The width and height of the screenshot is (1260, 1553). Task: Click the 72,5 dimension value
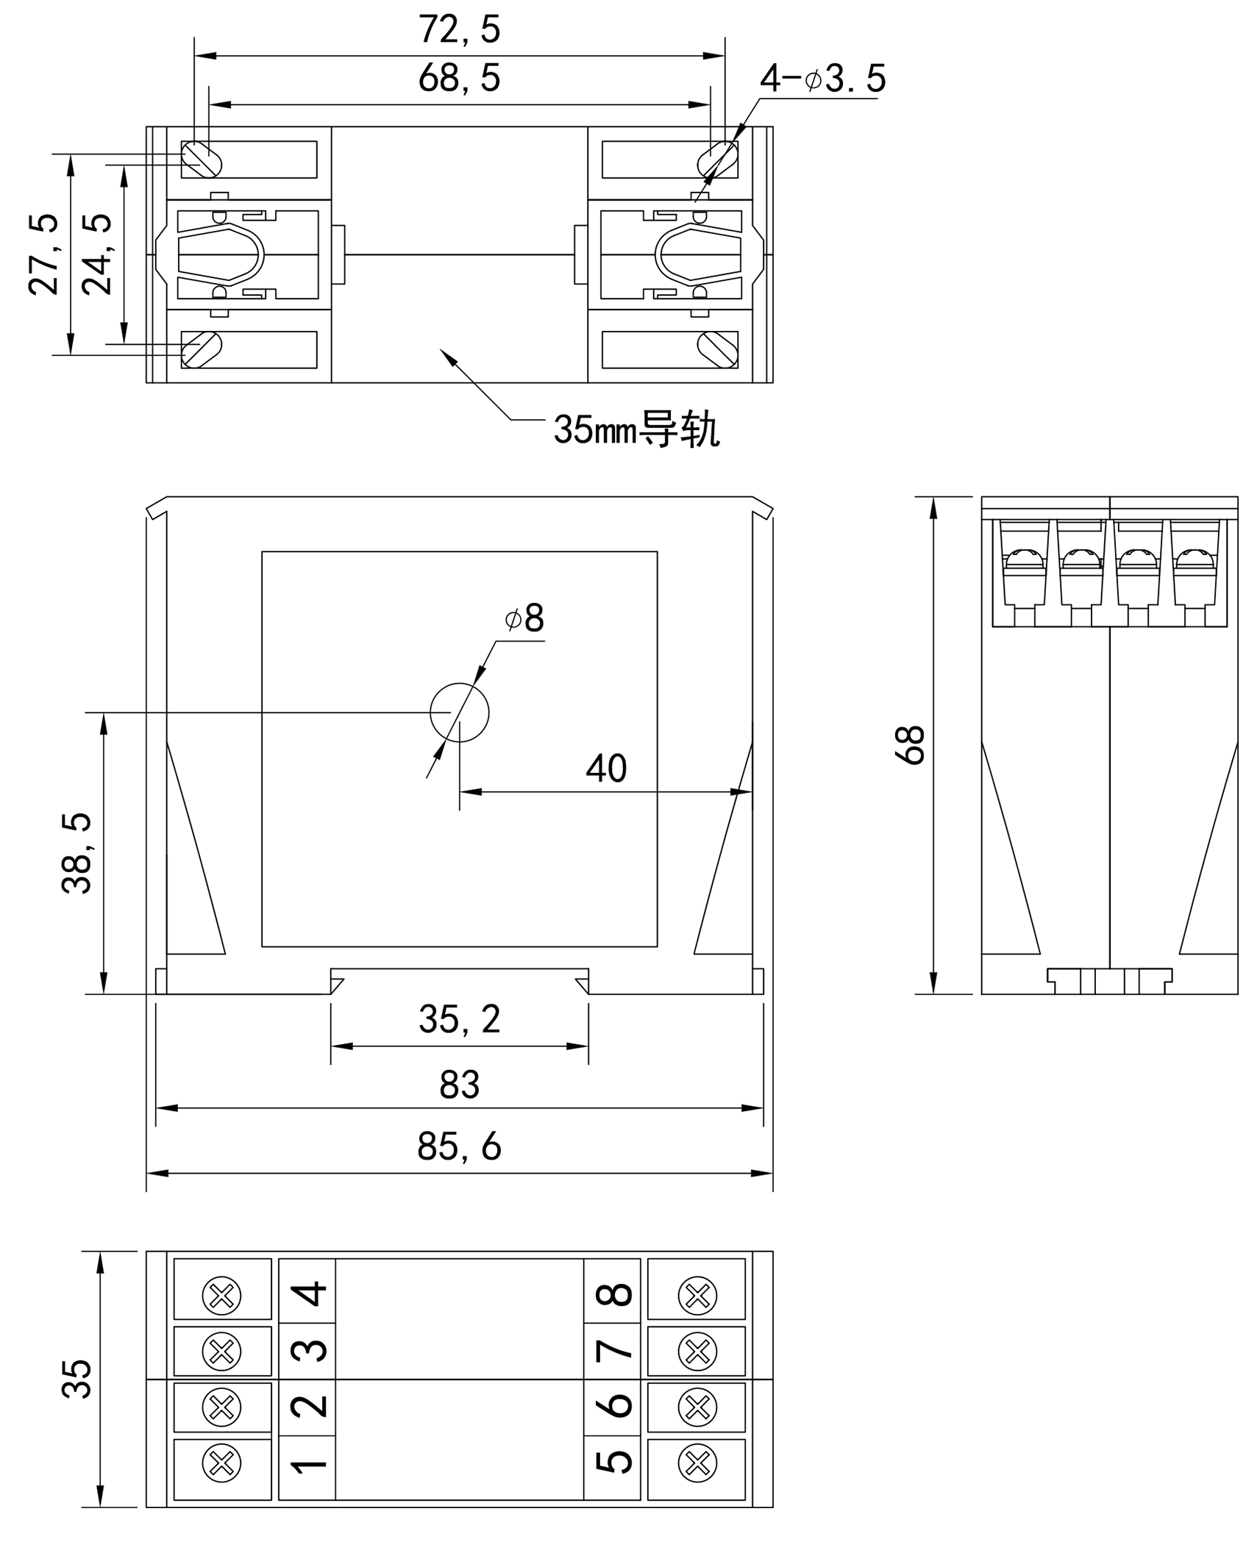coord(459,30)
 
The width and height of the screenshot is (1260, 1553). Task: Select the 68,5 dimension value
coord(459,79)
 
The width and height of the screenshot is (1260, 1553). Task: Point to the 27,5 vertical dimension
coord(44,254)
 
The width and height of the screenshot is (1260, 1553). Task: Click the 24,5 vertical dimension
coord(97,254)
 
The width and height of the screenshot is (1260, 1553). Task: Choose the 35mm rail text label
coord(636,429)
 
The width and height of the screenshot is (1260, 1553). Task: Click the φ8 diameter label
coord(525,618)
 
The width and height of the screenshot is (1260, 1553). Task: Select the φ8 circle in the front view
coord(459,713)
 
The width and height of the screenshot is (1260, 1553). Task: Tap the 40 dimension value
coord(606,768)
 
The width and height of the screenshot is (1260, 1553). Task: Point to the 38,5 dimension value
coord(76,853)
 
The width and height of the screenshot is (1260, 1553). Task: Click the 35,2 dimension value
coord(459,1020)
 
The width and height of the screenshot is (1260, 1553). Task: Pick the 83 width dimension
coord(459,1085)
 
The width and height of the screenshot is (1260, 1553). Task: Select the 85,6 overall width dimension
coord(459,1146)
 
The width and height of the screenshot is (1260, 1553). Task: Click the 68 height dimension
coord(911,745)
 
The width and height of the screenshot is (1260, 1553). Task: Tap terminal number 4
coord(309,1294)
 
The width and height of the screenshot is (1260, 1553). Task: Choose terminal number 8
coord(613,1294)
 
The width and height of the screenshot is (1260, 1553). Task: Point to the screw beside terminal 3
coord(221,1351)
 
